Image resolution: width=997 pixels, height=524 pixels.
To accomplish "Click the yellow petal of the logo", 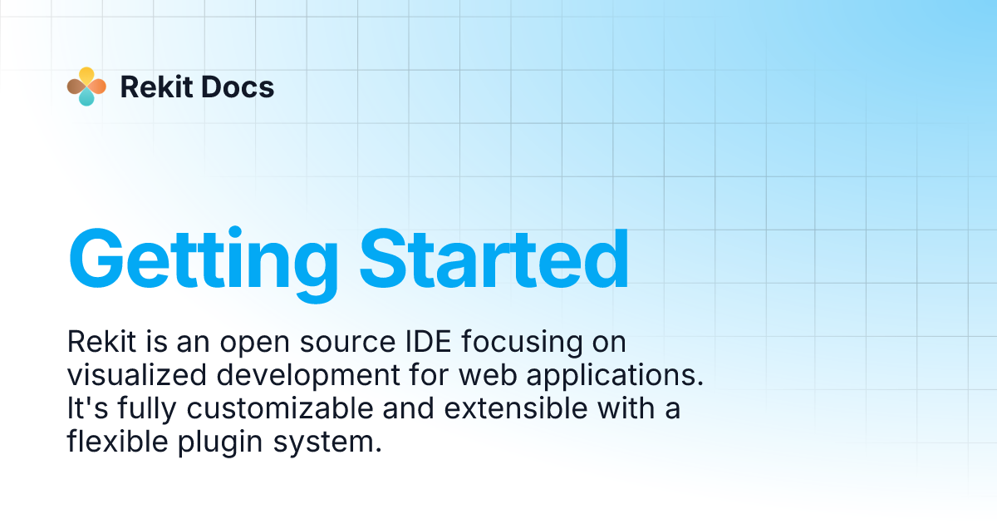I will [86, 76].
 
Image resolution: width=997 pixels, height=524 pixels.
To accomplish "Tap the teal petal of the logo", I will [86, 97].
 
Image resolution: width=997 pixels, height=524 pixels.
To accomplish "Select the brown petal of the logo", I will [76, 87].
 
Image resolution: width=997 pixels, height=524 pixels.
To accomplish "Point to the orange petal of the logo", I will [97, 87].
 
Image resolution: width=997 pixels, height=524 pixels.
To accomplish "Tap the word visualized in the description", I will [137, 376].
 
